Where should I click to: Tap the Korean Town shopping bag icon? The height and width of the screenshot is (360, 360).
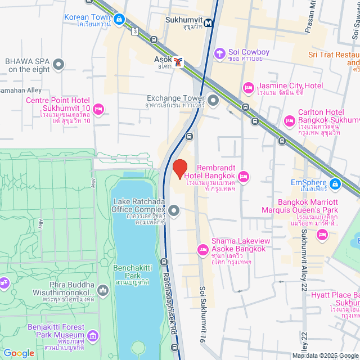[x=119, y=20]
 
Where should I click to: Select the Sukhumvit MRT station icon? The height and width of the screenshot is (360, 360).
[x=209, y=23]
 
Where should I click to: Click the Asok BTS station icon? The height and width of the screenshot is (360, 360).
[x=178, y=62]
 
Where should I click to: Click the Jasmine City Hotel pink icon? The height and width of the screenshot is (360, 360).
[x=248, y=88]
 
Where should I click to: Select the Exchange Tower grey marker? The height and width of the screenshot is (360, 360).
[x=213, y=101]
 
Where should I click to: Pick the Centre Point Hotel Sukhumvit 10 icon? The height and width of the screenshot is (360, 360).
[x=99, y=109]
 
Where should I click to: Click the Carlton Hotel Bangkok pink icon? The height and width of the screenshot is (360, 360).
[x=290, y=121]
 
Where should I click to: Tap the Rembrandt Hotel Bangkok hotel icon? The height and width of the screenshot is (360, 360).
[x=244, y=177]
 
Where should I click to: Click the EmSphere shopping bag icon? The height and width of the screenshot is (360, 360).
[x=335, y=183]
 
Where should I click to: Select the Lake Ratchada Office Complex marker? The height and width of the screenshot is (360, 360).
[x=174, y=211]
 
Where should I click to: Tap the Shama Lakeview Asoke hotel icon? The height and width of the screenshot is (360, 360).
[x=202, y=249]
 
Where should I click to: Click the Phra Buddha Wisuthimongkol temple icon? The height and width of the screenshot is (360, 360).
[x=102, y=290]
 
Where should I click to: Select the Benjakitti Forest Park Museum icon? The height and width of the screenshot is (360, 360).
[x=92, y=336]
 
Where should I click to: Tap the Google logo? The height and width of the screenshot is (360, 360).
[x=19, y=353]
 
